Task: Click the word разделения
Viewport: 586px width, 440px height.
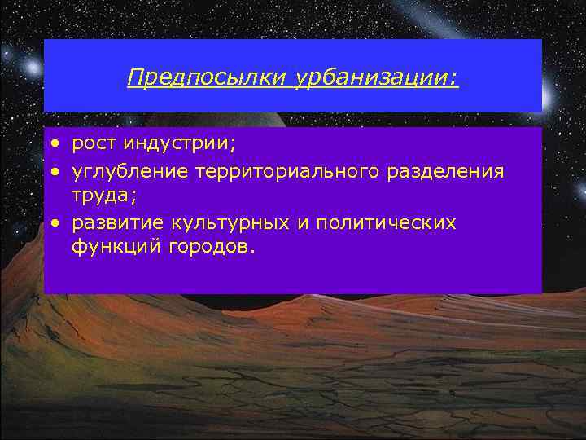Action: click(450, 171)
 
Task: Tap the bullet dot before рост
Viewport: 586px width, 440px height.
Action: click(54, 145)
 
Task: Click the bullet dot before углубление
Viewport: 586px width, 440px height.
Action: click(54, 172)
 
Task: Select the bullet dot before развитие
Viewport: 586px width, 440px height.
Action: click(54, 222)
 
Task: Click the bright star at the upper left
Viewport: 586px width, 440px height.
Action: click(33, 64)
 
